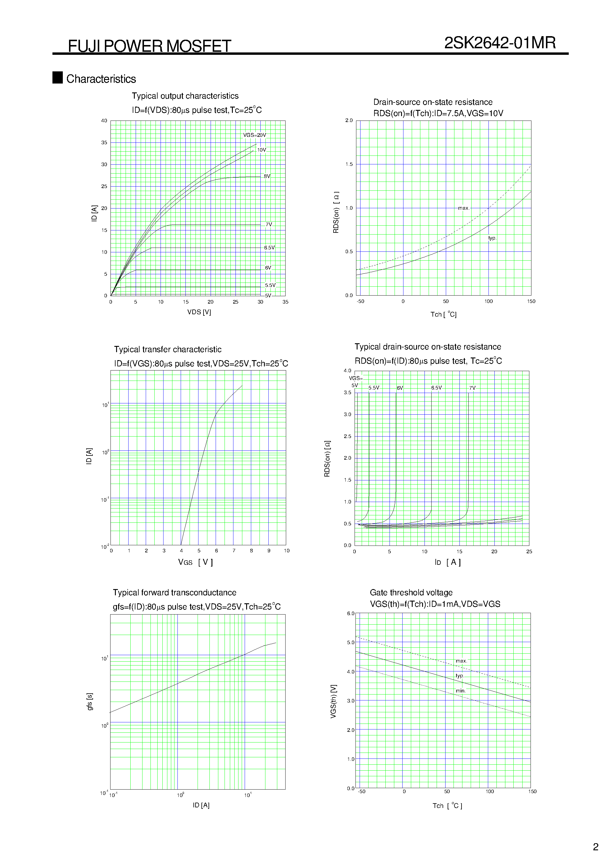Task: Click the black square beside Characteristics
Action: pos(57,77)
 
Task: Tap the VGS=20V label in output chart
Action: pos(254,135)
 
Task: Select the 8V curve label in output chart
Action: pos(267,176)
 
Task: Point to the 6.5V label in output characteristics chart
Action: pos(269,248)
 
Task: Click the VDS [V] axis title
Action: pos(199,312)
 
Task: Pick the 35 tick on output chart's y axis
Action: pos(104,142)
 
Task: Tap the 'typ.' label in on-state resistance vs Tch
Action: pos(492,238)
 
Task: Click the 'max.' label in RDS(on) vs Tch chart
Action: pos(463,208)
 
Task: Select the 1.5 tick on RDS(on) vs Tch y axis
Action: pos(349,164)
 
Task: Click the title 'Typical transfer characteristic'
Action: pos(168,349)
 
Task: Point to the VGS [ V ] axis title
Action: pos(196,562)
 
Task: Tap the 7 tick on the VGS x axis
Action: pos(234,551)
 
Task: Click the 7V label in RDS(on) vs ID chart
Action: pos(472,388)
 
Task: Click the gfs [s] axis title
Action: pos(90,702)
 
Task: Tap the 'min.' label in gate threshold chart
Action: pos(460,691)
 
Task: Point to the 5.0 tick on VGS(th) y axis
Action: pos(350,642)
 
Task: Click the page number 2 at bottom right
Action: pos(595,847)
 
